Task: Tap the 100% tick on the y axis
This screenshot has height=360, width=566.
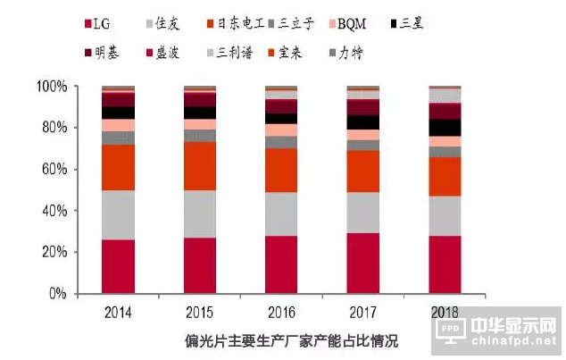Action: pyautogui.click(x=51, y=87)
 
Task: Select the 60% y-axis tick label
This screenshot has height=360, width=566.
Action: pyautogui.click(x=54, y=170)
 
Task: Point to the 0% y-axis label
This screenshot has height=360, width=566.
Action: pyautogui.click(x=57, y=294)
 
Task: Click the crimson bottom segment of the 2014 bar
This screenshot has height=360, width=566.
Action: pyautogui.click(x=119, y=266)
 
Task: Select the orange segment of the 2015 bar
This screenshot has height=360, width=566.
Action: pyautogui.click(x=200, y=165)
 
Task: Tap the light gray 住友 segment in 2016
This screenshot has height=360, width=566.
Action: pyautogui.click(x=281, y=213)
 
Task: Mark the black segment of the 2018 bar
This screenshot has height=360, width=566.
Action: pyautogui.click(x=444, y=128)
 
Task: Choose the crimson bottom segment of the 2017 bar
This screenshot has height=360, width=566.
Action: pyautogui.click(x=362, y=263)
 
